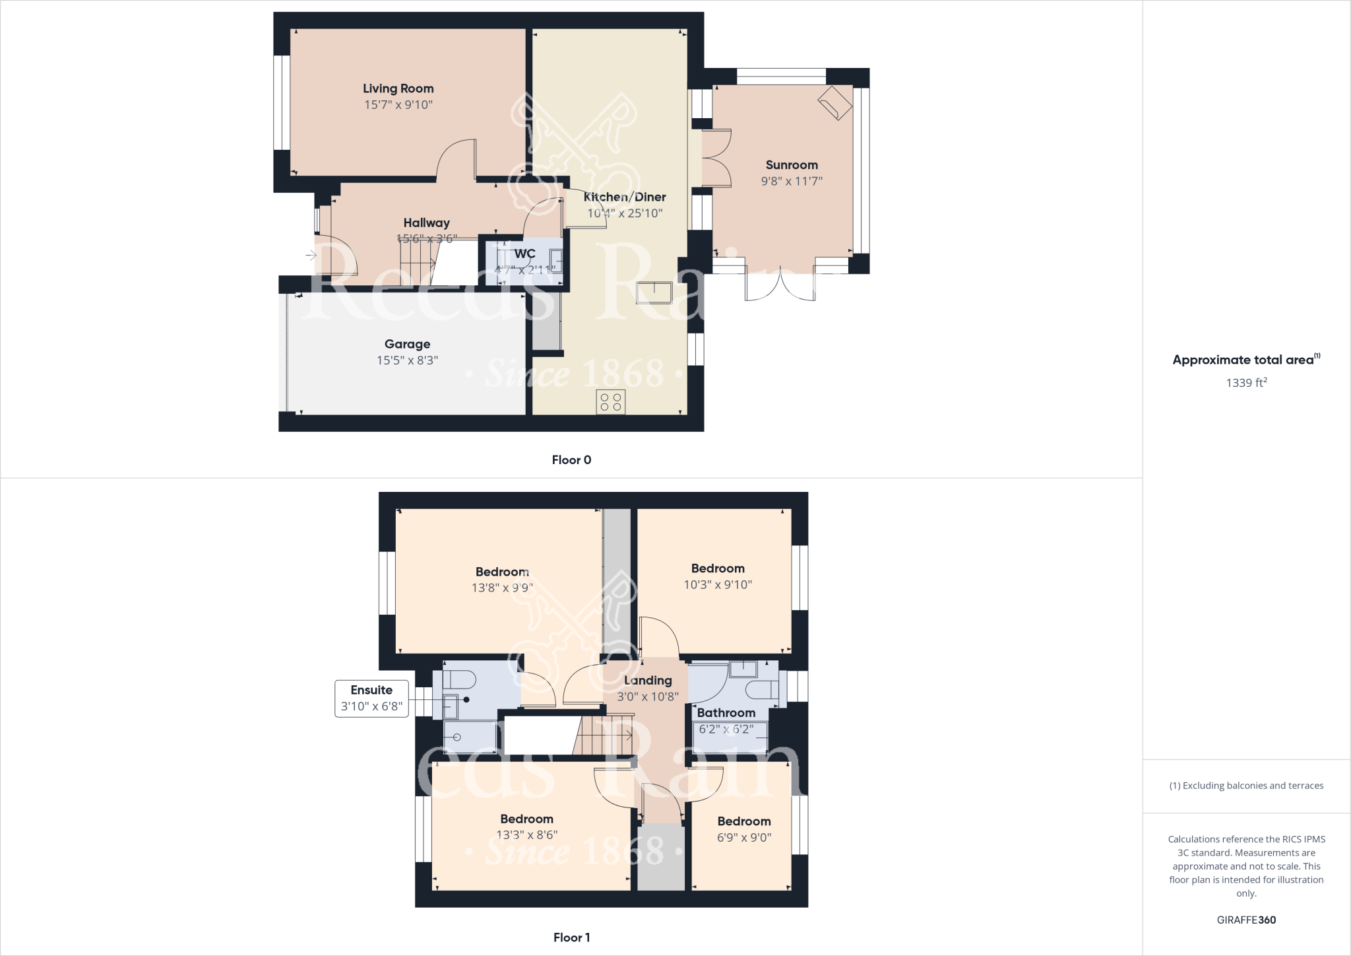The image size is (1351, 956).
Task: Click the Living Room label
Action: [x=398, y=88]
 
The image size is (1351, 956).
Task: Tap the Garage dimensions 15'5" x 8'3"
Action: [x=407, y=360]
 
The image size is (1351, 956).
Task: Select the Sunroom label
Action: [x=791, y=165]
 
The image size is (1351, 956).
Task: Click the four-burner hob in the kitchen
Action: [x=610, y=402]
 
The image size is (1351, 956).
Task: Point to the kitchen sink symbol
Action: [x=653, y=292]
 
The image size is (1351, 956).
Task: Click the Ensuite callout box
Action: [x=371, y=699]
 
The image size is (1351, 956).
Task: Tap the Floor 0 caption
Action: [x=571, y=460]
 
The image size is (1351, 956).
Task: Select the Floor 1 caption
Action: [x=571, y=938]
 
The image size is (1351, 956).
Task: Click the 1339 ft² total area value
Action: [x=1246, y=382]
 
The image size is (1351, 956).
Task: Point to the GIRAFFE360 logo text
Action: [x=1246, y=920]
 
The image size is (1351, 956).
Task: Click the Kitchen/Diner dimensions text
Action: [x=625, y=213]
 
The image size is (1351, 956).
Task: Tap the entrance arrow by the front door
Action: [x=311, y=255]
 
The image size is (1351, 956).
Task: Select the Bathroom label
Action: [x=726, y=713]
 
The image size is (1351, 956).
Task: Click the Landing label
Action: [x=648, y=681]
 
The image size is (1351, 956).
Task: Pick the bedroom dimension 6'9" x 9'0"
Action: [x=743, y=837]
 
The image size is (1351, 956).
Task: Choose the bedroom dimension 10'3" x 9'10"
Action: [x=718, y=584]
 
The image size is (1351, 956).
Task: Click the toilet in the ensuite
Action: [x=460, y=679]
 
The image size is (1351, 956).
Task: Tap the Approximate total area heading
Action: [x=1245, y=360]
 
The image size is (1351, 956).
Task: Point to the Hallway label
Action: [x=426, y=223]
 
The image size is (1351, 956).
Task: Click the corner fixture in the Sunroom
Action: [x=834, y=102]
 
